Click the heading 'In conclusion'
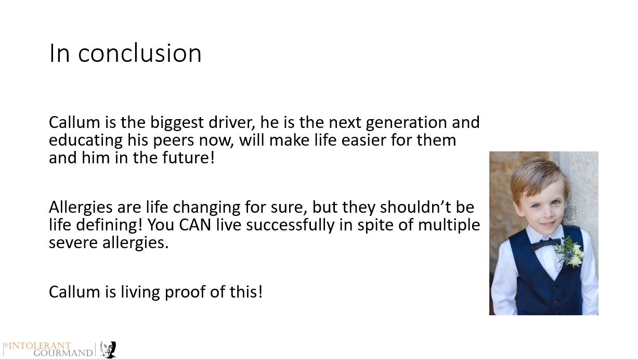125,53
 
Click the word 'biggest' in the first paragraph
177,123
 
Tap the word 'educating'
85,141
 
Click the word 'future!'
188,158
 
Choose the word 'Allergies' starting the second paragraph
81,208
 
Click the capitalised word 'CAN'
195,225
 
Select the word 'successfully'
290,225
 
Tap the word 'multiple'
449,225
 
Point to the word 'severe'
73,243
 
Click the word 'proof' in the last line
185,292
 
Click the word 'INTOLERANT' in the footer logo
40,345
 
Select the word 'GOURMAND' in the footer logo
63,353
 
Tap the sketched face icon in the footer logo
108,350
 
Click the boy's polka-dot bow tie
545,245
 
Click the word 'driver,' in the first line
231,123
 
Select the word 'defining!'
109,225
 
